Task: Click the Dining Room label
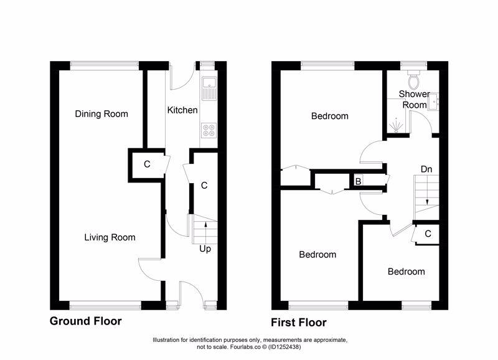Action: [x=101, y=114]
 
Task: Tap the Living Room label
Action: [x=110, y=237]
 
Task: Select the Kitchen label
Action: [x=182, y=110]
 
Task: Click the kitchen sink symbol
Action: [x=208, y=89]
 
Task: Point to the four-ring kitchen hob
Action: [x=208, y=131]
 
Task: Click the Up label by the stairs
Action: [x=204, y=249]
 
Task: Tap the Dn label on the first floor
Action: [x=426, y=169]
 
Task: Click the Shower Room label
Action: [x=414, y=100]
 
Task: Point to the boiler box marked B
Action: [x=358, y=181]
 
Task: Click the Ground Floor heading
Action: [x=85, y=321]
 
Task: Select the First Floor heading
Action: [x=298, y=323]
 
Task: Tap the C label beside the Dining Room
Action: [x=147, y=165]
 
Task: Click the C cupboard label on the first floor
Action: [x=428, y=234]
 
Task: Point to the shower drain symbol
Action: [x=393, y=126]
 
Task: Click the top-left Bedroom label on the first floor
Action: [x=329, y=116]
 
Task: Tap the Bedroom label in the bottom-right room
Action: [x=406, y=272]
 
